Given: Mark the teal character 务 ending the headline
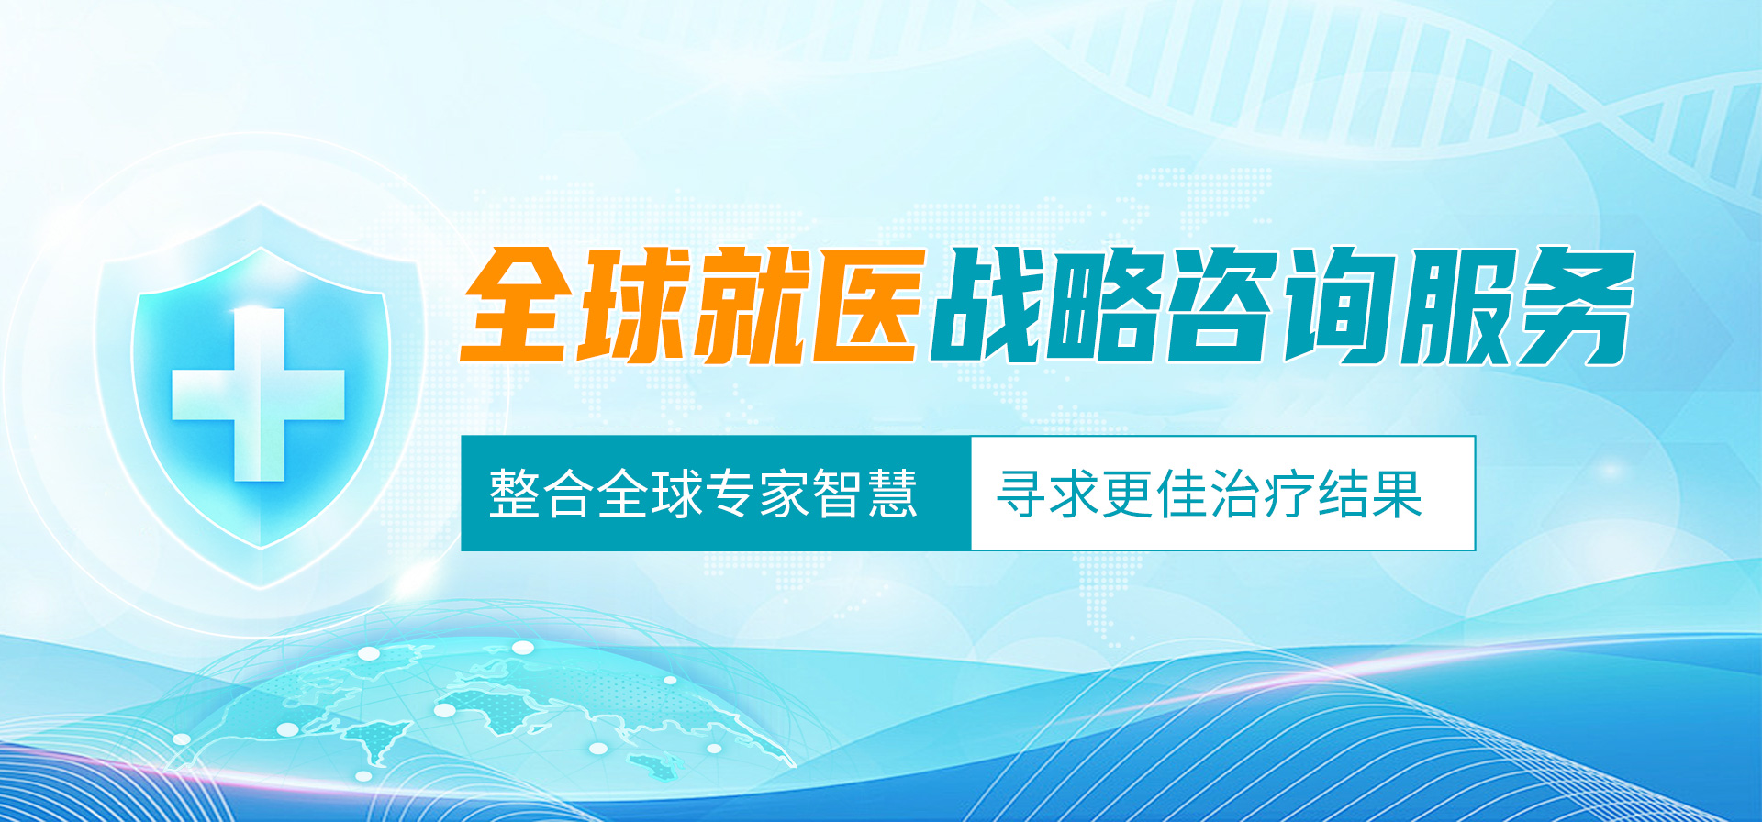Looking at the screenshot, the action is tap(1575, 305).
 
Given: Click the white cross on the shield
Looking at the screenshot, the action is tap(259, 394).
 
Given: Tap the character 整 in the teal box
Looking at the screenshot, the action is tap(515, 494).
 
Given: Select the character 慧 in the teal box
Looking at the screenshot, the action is tap(892, 494).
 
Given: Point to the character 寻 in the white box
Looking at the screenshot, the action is tap(1022, 494).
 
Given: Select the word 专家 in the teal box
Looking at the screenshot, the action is tap(730, 494).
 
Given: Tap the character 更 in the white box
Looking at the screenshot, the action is tap(1130, 494).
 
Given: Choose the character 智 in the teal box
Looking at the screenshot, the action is tap(838, 494).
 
